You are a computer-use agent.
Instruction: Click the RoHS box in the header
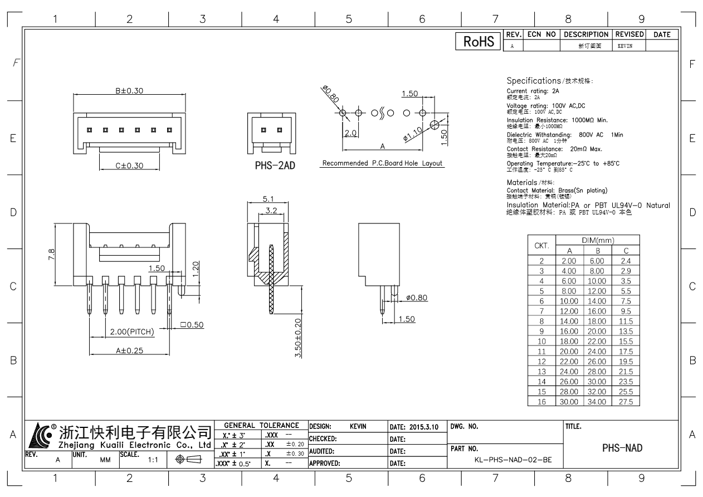pyautogui.click(x=478, y=41)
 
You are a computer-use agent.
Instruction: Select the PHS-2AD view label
pyautogui.click(x=275, y=165)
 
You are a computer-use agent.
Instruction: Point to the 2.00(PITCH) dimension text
pyautogui.click(x=131, y=332)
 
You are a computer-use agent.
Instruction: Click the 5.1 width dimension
pyautogui.click(x=267, y=198)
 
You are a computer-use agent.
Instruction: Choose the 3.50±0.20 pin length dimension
pyautogui.click(x=298, y=338)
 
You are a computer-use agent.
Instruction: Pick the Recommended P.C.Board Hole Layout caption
pyautogui.click(x=382, y=163)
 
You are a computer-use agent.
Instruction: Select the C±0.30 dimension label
pyautogui.click(x=129, y=165)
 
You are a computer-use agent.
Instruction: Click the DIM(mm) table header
pyautogui.click(x=597, y=240)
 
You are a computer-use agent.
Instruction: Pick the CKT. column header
pyautogui.click(x=541, y=245)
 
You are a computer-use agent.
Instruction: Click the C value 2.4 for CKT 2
pyautogui.click(x=626, y=261)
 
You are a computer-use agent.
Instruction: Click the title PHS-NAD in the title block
pyautogui.click(x=623, y=447)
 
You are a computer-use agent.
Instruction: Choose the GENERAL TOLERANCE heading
pyautogui.click(x=261, y=425)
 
